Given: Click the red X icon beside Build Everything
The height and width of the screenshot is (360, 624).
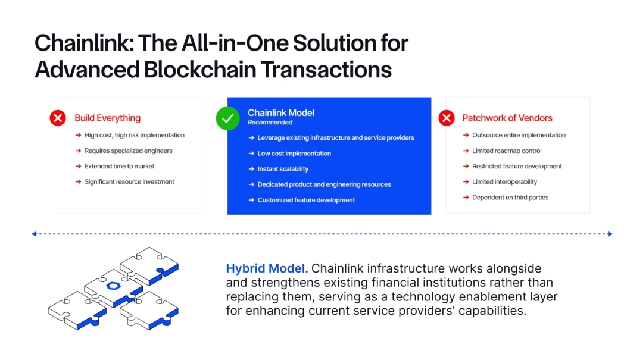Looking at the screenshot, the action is click(x=58, y=118).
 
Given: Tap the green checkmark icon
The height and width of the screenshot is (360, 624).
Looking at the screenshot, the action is click(x=227, y=118).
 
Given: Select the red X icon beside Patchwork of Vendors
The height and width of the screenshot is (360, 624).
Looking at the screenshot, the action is click(x=447, y=118).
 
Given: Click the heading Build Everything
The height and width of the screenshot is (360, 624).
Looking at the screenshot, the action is click(x=107, y=118).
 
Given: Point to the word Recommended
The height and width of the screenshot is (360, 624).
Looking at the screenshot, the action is click(x=270, y=123).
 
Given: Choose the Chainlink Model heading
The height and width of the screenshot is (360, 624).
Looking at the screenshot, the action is click(x=280, y=112).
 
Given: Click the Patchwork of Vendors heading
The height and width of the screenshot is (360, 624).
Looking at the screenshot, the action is click(x=507, y=118).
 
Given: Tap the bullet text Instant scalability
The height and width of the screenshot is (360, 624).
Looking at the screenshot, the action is click(x=283, y=169).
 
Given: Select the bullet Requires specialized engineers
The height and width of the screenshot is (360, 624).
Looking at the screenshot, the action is click(x=128, y=151).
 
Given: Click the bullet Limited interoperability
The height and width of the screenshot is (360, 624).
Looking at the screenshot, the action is click(x=504, y=182).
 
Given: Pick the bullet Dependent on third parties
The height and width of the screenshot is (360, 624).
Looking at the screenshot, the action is click(x=510, y=198).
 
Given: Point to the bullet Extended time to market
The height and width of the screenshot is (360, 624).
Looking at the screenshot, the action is click(x=119, y=167).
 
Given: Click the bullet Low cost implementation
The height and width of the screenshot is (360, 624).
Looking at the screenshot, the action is click(x=294, y=154).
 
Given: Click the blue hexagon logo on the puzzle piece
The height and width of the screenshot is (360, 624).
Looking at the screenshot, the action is click(x=113, y=285).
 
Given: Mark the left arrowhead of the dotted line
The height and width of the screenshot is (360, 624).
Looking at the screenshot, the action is click(x=34, y=234).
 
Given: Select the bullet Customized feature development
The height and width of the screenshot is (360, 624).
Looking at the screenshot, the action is click(x=306, y=200).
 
